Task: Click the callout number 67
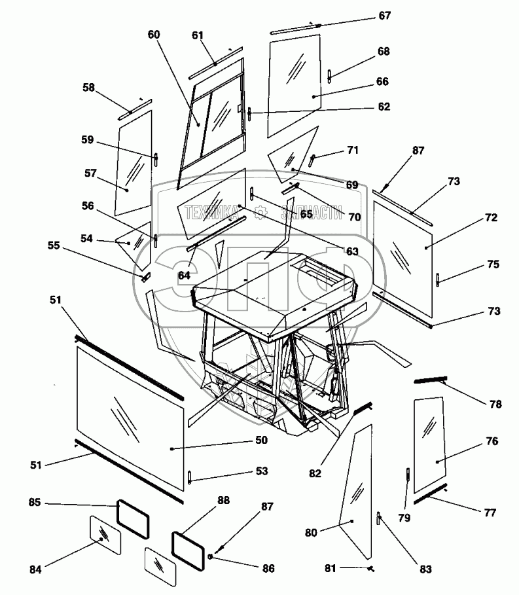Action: pyautogui.click(x=384, y=16)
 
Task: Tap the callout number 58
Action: pyautogui.click(x=89, y=87)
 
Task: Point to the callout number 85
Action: pyautogui.click(x=35, y=503)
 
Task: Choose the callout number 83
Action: pyautogui.click(x=426, y=569)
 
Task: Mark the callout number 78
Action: pyautogui.click(x=494, y=404)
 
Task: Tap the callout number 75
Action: pyautogui.click(x=493, y=264)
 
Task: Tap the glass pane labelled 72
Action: pyautogui.click(x=403, y=252)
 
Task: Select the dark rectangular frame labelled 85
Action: pyautogui.click(x=133, y=519)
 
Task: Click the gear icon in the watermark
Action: pyautogui.click(x=260, y=213)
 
